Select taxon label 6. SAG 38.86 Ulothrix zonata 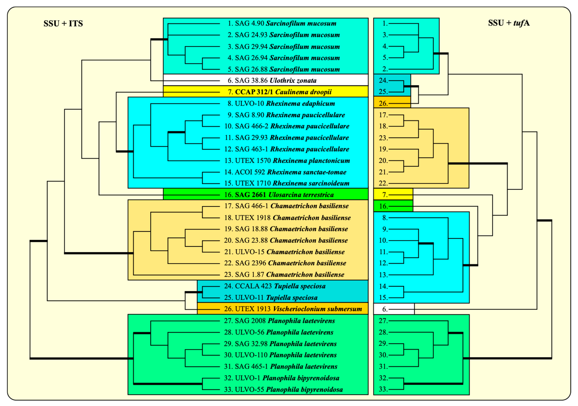click(272, 80)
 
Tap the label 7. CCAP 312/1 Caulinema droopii click(279, 92)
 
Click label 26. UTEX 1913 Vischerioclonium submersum click(293, 309)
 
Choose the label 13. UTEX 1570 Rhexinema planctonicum click(287, 161)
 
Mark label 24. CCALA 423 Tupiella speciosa click(275, 286)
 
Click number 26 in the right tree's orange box click(383, 103)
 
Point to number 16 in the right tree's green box click(383, 206)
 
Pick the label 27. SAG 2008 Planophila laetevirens click(279, 321)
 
